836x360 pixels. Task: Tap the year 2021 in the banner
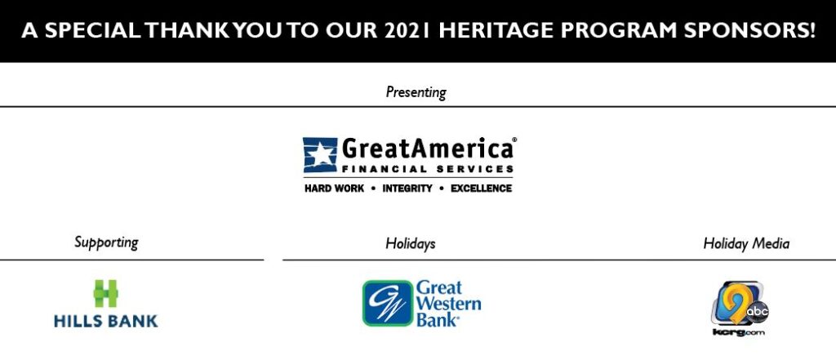click(x=407, y=30)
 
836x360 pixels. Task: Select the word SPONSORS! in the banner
click(x=749, y=30)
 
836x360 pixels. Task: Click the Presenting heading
click(x=416, y=92)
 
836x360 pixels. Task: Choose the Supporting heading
click(x=106, y=242)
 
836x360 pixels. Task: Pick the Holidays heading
click(x=411, y=244)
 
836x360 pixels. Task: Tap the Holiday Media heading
click(x=746, y=244)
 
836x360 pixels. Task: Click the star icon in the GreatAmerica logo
click(x=320, y=154)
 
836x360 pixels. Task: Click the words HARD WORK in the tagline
click(x=334, y=189)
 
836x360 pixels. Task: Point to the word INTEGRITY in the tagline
click(x=407, y=189)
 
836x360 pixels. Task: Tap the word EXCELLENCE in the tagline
click(x=482, y=189)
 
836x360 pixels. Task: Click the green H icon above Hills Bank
click(x=106, y=293)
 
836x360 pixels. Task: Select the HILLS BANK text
click(x=106, y=321)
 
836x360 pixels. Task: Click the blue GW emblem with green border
click(x=388, y=303)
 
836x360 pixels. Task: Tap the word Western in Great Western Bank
click(x=449, y=304)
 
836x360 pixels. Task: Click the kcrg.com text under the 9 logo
click(x=738, y=332)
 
